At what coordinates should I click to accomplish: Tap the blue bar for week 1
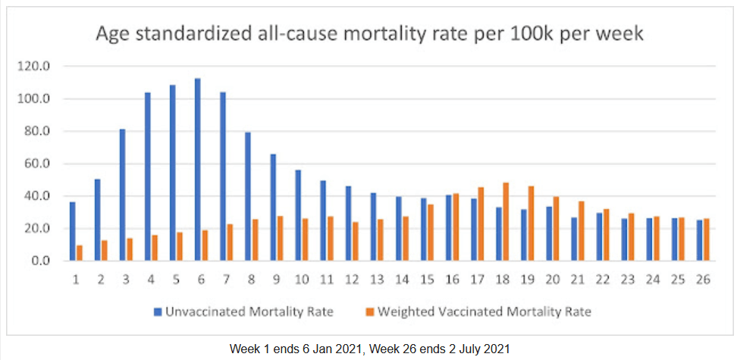[72, 231]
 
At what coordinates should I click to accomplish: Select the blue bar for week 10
[298, 215]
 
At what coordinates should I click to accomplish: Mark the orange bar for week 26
[707, 239]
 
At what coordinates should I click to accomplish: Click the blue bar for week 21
[574, 239]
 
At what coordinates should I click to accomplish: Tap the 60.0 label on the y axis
[37, 163]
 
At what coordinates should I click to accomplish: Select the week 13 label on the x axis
[377, 280]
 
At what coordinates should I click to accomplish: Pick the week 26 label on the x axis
[703, 280]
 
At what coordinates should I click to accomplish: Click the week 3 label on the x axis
[126, 280]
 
